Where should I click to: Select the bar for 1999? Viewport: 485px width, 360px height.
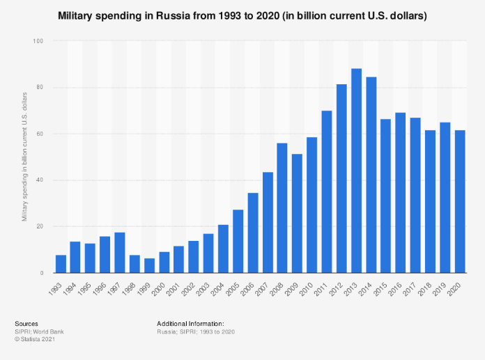click(x=149, y=265)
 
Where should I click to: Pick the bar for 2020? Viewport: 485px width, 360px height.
click(x=460, y=201)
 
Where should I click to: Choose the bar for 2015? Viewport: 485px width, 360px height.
click(x=386, y=196)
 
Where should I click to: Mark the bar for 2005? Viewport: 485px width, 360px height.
click(x=238, y=241)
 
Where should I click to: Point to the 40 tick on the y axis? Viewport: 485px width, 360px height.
click(x=39, y=180)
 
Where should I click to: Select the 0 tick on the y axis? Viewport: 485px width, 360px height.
click(x=41, y=273)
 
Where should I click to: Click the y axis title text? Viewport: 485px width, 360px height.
click(x=24, y=157)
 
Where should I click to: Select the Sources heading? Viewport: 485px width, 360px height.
click(x=26, y=324)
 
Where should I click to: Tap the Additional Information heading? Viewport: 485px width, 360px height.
click(x=190, y=324)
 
